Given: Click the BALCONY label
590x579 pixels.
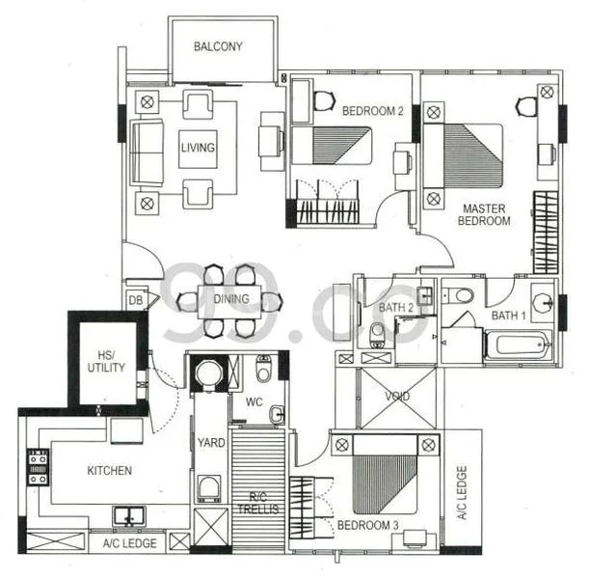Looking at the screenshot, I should click(x=217, y=46).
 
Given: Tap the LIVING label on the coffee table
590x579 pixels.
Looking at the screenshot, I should click(x=198, y=148).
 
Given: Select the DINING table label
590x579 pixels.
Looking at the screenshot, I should click(x=230, y=299).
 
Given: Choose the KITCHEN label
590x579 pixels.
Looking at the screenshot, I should click(x=109, y=471).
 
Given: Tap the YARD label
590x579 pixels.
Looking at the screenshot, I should click(x=211, y=443).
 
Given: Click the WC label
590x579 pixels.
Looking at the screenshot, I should click(x=255, y=400).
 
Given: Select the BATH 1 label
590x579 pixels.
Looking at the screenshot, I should click(x=509, y=316).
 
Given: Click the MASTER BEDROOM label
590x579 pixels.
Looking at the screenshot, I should click(x=486, y=214).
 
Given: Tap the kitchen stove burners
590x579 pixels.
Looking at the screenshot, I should click(x=38, y=466).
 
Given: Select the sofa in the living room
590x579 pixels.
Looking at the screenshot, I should click(x=147, y=152).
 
